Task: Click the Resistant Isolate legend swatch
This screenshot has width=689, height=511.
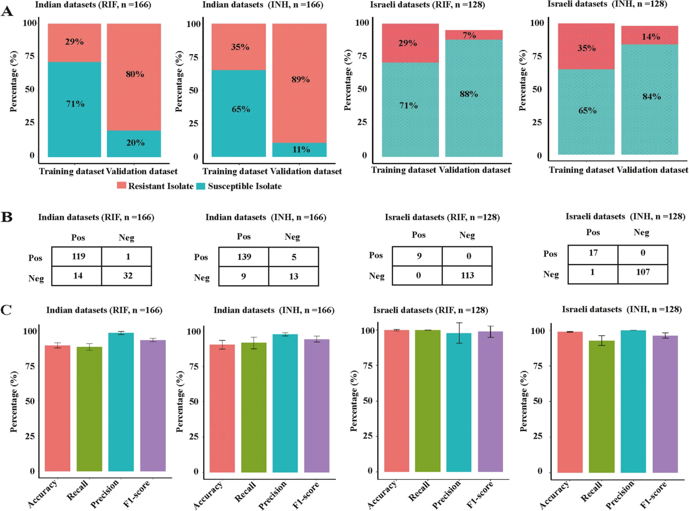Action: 121,186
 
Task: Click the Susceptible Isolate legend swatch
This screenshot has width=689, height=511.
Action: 201,186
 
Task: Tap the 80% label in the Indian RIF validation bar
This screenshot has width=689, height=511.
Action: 135,74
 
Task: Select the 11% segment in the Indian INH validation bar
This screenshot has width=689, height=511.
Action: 299,149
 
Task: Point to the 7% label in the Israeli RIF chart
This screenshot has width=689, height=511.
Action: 470,35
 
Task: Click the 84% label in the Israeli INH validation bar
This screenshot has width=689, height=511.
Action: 651,96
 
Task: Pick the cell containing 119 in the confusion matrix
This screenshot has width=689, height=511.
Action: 77,256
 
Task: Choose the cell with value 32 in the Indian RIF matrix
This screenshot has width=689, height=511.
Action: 127,275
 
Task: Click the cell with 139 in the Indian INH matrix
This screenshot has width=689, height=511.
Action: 244,257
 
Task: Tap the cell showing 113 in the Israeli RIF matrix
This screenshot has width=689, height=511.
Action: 467,275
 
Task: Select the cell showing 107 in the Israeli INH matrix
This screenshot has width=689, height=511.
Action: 642,272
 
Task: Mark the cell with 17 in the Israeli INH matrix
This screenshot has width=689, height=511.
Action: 593,253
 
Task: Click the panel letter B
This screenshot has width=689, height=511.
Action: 7,217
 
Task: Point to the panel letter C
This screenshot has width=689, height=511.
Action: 6,310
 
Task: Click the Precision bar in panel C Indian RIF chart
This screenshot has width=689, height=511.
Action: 121,402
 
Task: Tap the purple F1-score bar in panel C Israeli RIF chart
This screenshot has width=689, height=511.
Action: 490,401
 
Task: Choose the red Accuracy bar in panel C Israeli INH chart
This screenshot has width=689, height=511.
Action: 570,402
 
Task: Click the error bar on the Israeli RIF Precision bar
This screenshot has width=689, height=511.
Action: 459,333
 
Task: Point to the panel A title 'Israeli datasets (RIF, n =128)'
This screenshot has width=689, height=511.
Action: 428,5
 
